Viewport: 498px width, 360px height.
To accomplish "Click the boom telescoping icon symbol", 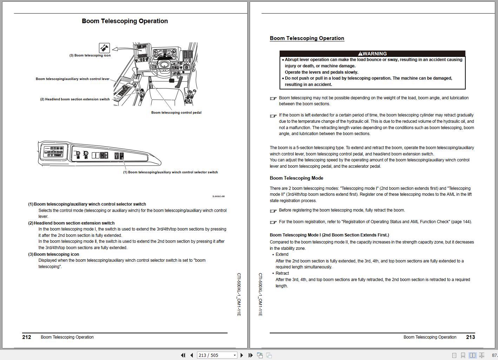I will click(x=104, y=48).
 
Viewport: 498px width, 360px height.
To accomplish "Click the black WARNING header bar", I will click(x=372, y=54).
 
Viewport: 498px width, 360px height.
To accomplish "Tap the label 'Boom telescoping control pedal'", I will click(x=176, y=113).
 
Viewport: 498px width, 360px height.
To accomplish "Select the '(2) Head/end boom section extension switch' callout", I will click(x=75, y=99).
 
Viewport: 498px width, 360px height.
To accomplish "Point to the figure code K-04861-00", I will click(x=218, y=196).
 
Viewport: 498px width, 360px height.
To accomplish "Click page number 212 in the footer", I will click(x=27, y=337).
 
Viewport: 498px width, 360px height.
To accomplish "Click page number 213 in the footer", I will click(x=470, y=337).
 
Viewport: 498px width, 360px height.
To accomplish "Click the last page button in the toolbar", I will click(x=250, y=355).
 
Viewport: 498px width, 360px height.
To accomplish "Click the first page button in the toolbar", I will click(x=183, y=355).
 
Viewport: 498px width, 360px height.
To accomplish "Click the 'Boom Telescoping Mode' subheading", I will click(x=296, y=178).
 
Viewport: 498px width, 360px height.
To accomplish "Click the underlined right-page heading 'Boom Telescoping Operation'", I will click(x=307, y=38).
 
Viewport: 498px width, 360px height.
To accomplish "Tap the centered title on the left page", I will click(x=125, y=21).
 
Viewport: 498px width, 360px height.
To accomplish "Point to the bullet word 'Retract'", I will click(x=282, y=273).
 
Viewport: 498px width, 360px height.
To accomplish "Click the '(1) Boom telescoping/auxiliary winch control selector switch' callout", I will click(x=170, y=172).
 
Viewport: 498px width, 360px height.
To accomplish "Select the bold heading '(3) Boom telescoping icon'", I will click(x=54, y=254).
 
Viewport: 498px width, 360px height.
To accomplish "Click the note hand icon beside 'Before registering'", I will click(x=273, y=211).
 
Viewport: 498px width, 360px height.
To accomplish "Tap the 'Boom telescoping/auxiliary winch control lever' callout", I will click(x=72, y=79).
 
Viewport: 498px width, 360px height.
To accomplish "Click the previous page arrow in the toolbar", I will click(x=192, y=355).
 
